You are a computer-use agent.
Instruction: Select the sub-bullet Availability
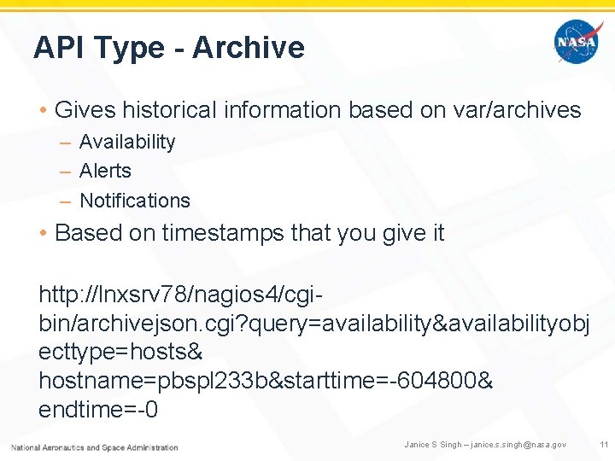coord(127,142)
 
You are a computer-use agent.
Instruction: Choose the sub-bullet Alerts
coord(105,171)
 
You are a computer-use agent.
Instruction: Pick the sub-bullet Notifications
coord(134,201)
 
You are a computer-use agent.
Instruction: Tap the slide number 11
coord(603,445)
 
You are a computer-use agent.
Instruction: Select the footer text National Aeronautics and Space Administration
coord(94,446)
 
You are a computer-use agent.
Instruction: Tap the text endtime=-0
coord(98,410)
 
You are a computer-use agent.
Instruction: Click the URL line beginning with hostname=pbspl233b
coord(265,381)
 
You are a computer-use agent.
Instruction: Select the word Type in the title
coord(134,49)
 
